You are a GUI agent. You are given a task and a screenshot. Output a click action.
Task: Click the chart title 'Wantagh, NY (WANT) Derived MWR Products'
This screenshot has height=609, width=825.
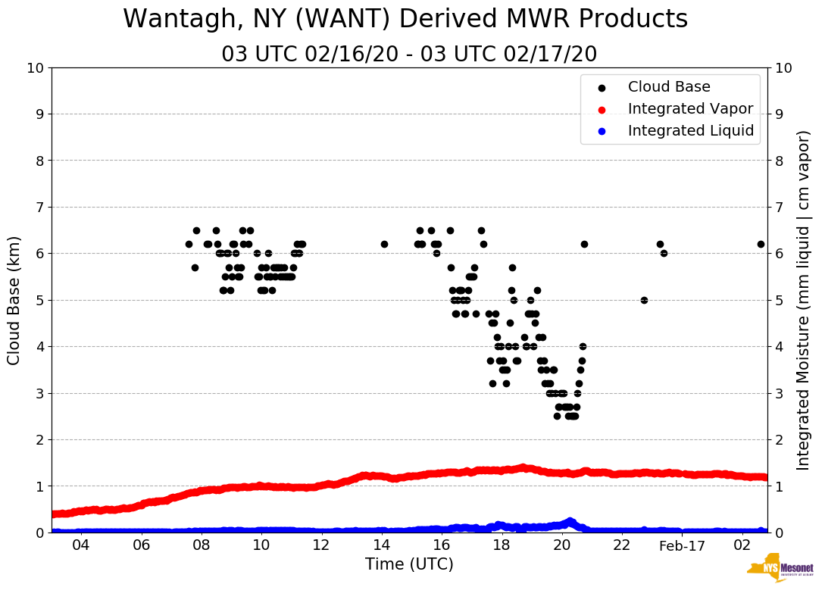click(x=405, y=19)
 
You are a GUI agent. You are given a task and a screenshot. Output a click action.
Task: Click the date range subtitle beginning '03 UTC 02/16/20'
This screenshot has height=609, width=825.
click(x=409, y=55)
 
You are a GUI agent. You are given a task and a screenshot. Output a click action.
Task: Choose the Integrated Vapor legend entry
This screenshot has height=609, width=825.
click(x=690, y=109)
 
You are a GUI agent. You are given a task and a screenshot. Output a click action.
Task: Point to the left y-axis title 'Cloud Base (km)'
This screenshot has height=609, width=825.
click(x=14, y=300)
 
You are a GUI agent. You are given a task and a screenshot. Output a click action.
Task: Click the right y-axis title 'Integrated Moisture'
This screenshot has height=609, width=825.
click(x=803, y=300)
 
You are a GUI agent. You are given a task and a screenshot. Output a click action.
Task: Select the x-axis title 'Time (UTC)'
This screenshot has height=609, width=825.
click(x=409, y=564)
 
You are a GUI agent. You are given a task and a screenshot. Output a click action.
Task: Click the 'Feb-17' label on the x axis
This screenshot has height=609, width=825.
click(x=682, y=546)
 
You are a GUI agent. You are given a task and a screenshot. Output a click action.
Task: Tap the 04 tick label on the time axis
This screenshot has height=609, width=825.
click(x=81, y=546)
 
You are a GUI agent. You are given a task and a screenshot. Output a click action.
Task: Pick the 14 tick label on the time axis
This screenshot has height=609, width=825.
click(x=382, y=546)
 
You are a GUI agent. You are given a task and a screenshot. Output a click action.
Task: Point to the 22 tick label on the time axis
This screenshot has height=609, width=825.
click(x=622, y=546)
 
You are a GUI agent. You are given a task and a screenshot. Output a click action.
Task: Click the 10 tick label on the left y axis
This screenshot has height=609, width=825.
click(x=35, y=68)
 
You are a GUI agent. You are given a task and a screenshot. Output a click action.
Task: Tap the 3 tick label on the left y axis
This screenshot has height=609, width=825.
click(x=39, y=393)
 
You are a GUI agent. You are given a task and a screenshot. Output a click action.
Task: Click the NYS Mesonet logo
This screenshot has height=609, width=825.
click(x=780, y=571)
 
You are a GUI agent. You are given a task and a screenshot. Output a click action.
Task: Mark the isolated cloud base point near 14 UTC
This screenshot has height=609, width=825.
click(x=384, y=244)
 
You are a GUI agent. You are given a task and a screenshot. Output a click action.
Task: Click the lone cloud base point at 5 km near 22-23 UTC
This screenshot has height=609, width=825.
click(x=644, y=300)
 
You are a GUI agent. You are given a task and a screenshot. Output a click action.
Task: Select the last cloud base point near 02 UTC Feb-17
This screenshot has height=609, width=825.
click(x=761, y=244)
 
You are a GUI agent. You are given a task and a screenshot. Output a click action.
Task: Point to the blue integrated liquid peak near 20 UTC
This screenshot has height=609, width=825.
click(x=570, y=521)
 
